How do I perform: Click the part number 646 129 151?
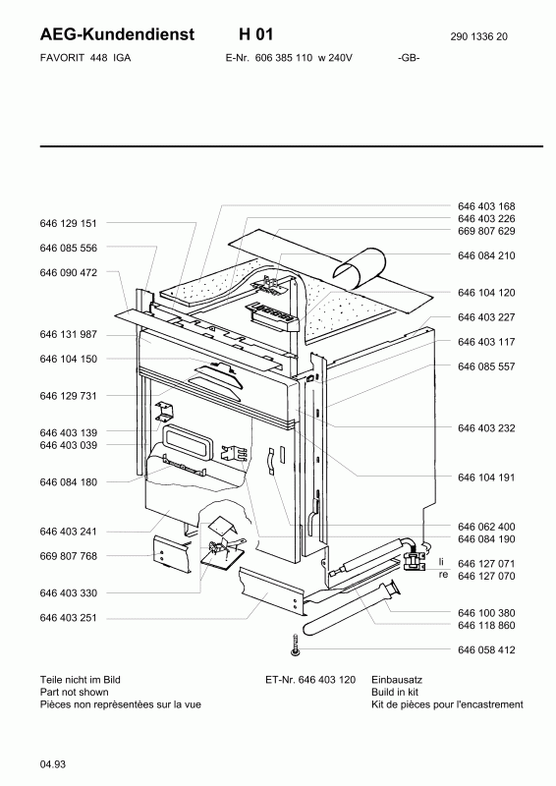68,223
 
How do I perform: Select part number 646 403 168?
486,206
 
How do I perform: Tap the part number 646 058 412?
486,649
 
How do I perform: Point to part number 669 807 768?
68,556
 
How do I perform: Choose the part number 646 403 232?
486,428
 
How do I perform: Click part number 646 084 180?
68,482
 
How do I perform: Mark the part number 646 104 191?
486,477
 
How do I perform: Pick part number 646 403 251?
68,618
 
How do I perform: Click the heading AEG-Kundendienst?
117,34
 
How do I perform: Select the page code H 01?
255,34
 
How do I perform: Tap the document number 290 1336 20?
478,36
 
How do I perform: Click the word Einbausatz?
397,680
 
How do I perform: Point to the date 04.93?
53,764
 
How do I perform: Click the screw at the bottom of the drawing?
296,644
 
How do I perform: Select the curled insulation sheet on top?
361,268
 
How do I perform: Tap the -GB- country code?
409,58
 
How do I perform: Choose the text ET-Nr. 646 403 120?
310,680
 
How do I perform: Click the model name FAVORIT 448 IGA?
85,58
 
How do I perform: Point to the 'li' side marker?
441,562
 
